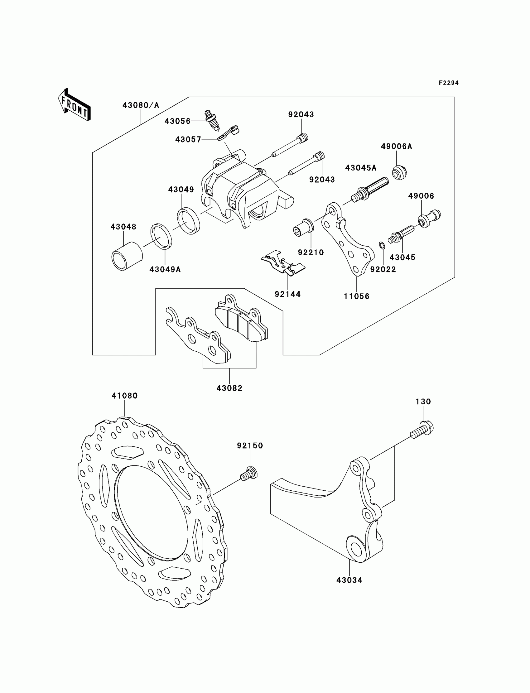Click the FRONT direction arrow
pos(75,105)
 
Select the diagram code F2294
pos(449,83)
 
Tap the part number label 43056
pos(178,122)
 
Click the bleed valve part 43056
pos(212,121)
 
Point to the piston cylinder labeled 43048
pos(127,256)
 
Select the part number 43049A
pos(165,269)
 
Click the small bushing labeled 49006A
pos(399,172)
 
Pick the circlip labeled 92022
pos(382,245)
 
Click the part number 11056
pos(356,296)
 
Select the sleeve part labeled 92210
pos(303,227)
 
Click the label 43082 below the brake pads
pos(229,388)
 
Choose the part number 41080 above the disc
pos(125,396)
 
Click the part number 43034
pos(349,580)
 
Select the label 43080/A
pos(141,105)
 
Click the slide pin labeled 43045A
pos(370,189)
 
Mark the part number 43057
pos(188,139)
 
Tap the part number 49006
pos(421,196)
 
